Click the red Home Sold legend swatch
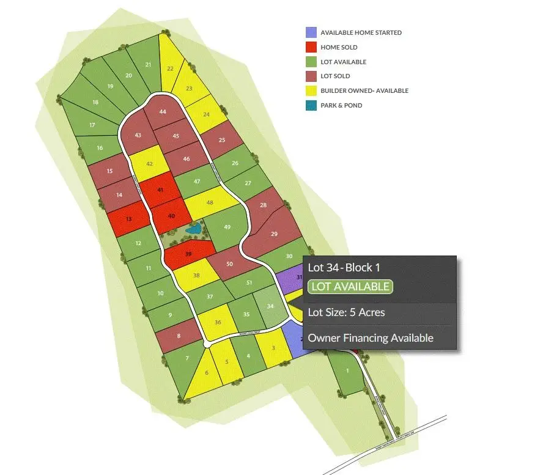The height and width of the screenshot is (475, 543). click(311, 47)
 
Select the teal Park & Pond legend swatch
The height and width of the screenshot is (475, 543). click(311, 105)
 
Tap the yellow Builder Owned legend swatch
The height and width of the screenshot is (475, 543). click(311, 90)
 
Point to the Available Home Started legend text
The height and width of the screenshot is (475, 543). click(361, 32)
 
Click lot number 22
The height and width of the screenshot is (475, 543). click(170, 69)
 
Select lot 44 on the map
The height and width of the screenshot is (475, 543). click(162, 112)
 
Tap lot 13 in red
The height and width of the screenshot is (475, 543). click(128, 219)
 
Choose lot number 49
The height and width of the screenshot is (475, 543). click(227, 227)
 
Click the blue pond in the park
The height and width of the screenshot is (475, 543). click(195, 230)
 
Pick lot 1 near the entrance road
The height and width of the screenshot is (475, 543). click(347, 371)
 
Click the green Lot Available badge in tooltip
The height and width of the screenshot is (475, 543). click(350, 287)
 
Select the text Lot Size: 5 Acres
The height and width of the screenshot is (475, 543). click(346, 312)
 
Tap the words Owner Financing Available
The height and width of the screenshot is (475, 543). click(371, 337)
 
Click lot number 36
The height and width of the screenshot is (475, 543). click(218, 322)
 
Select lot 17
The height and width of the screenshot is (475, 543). click(92, 125)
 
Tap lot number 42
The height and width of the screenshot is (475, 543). click(149, 164)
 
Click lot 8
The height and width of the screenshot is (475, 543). click(179, 336)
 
